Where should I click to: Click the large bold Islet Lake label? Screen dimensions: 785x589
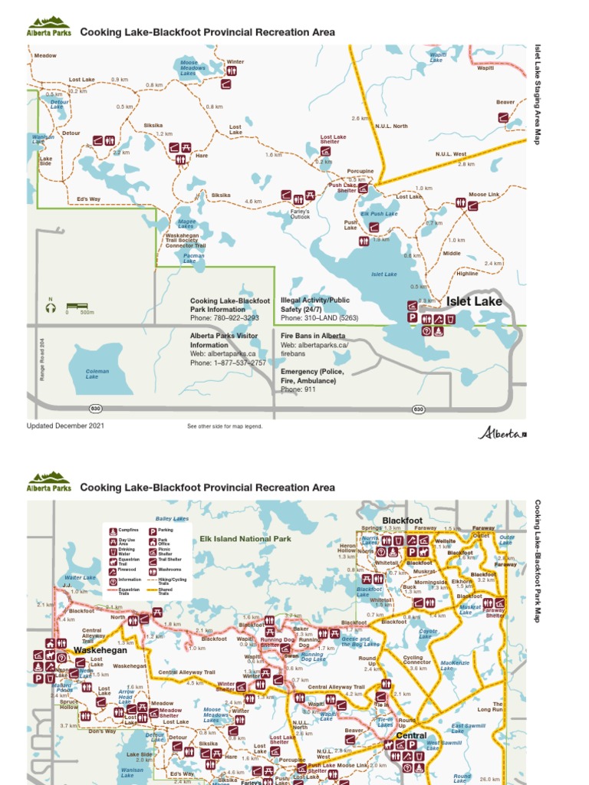click(x=474, y=301)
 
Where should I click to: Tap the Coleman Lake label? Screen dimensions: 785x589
click(x=97, y=374)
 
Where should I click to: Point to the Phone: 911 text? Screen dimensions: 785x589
click(x=298, y=389)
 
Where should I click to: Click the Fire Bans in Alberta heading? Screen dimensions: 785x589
click(x=313, y=336)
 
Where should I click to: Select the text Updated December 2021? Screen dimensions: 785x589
click(x=65, y=425)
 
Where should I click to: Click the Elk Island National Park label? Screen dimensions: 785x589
click(x=245, y=539)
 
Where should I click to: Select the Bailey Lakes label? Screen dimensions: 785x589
click(x=172, y=519)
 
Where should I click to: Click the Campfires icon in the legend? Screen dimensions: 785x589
click(x=113, y=530)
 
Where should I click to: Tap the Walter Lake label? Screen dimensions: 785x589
click(x=80, y=577)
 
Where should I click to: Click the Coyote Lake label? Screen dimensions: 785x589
click(x=428, y=633)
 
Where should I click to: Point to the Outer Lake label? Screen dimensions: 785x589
click(x=507, y=540)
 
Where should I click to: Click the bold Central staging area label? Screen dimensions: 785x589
click(x=411, y=736)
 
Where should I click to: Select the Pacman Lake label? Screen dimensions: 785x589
click(x=194, y=258)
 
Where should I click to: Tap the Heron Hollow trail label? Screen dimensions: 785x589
click(x=347, y=548)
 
